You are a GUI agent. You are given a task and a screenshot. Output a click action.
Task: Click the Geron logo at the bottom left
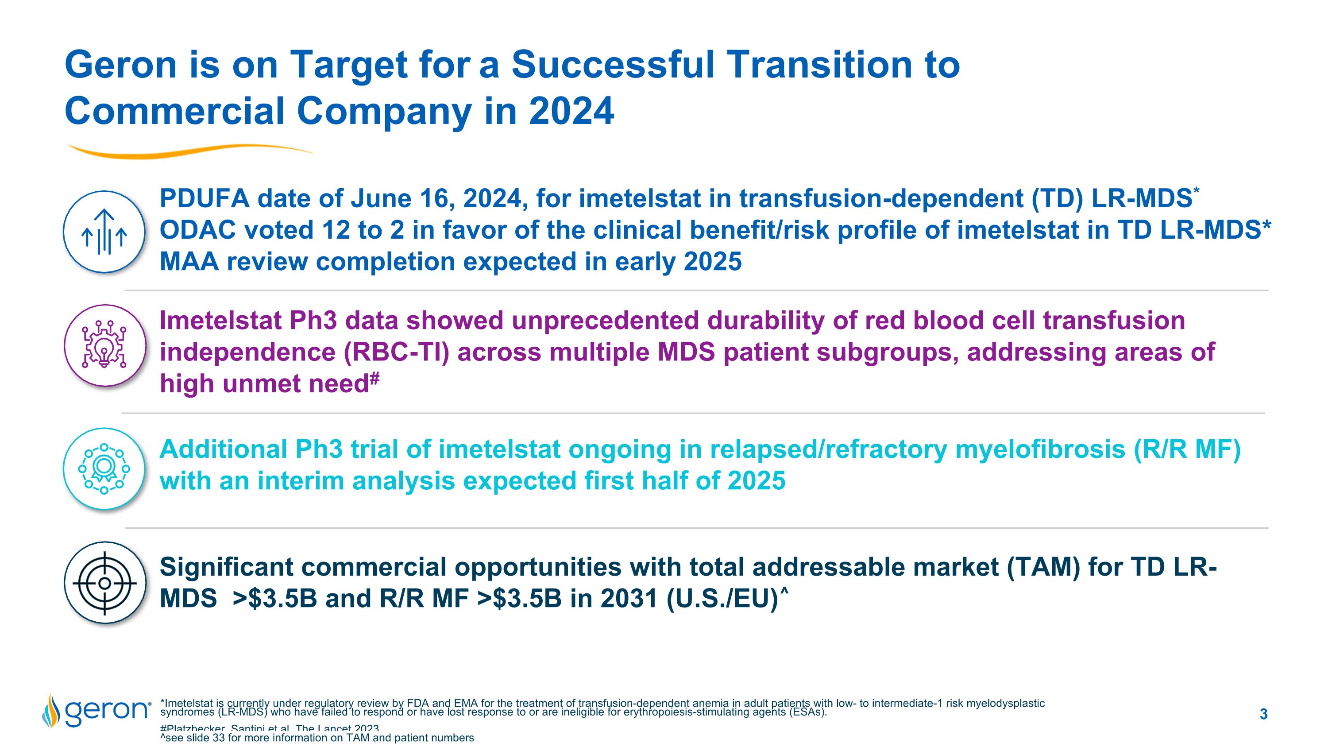coord(97,710)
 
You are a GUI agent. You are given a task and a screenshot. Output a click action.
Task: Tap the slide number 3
coord(1263,714)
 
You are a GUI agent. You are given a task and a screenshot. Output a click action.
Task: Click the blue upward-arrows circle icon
coord(104,232)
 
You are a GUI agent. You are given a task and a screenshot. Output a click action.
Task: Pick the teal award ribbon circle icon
coord(104,468)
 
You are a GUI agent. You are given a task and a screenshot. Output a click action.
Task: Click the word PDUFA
coord(205,198)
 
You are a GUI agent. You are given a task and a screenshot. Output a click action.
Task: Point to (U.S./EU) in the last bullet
coord(722,599)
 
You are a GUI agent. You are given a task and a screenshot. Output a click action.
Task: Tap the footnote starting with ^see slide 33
coord(317,738)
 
